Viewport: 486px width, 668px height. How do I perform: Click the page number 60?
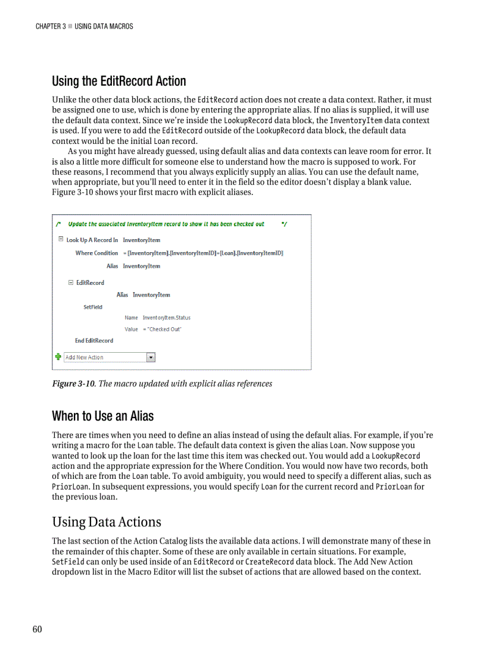coord(38,629)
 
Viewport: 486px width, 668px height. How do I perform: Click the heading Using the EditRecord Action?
coord(119,81)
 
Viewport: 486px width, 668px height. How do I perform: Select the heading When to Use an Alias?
coord(102,415)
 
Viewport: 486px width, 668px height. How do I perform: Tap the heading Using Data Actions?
coord(107,522)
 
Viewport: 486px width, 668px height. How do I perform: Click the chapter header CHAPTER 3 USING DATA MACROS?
coord(84,26)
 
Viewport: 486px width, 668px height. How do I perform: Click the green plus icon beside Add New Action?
coord(58,357)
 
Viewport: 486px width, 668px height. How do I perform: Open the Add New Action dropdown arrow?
coord(151,357)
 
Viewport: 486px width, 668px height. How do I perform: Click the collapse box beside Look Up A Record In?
coord(61,240)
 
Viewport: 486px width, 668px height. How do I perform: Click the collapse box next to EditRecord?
coord(71,283)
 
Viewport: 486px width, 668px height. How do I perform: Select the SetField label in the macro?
coord(93,307)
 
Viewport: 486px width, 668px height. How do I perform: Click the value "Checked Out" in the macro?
coord(162,329)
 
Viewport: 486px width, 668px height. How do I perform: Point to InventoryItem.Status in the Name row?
coord(166,318)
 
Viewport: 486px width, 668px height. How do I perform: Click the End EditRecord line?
coord(94,340)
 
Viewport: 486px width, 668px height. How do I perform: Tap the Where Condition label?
coord(96,253)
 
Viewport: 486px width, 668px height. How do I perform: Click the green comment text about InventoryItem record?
coord(166,224)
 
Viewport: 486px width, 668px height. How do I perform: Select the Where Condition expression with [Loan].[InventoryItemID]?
coord(202,253)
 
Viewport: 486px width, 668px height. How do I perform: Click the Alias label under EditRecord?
coord(122,294)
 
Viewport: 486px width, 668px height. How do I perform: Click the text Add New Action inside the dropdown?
coord(85,357)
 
